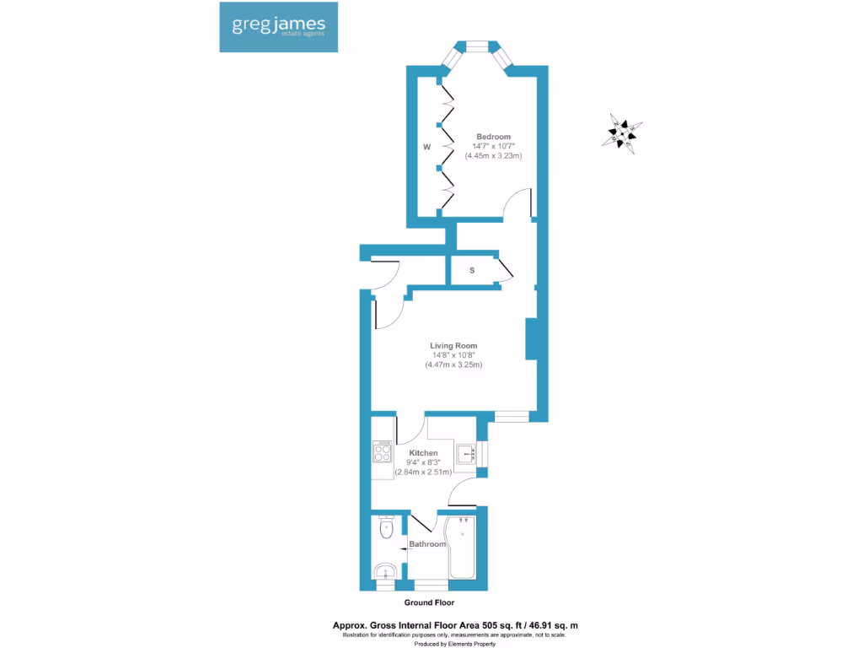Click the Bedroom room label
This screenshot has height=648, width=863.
pyautogui.click(x=493, y=137)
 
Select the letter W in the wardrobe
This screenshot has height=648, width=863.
pyautogui.click(x=427, y=147)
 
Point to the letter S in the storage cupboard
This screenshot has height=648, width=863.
pyautogui.click(x=472, y=271)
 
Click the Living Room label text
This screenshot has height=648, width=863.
pyautogui.click(x=453, y=346)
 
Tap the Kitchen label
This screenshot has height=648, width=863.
pyautogui.click(x=424, y=453)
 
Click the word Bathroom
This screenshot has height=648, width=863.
pyautogui.click(x=428, y=544)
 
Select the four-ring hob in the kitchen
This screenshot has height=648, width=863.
pyautogui.click(x=382, y=453)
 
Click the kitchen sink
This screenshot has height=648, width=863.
pyautogui.click(x=466, y=454)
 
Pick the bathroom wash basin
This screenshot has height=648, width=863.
pyautogui.click(x=387, y=572)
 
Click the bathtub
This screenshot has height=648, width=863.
pyautogui.click(x=462, y=548)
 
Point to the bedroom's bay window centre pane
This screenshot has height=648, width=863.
pyautogui.click(x=478, y=47)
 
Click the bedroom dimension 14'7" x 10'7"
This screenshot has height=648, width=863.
pyautogui.click(x=493, y=147)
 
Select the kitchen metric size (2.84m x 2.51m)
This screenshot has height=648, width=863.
pyautogui.click(x=424, y=472)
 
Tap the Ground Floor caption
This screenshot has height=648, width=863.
pyautogui.click(x=429, y=603)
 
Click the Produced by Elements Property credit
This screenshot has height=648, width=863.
pyautogui.click(x=454, y=643)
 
